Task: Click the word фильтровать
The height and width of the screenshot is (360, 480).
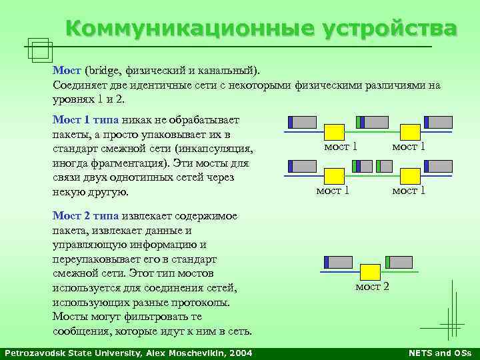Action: click(145, 317)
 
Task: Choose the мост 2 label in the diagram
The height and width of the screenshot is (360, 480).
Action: click(372, 287)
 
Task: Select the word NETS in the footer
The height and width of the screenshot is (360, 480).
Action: click(420, 353)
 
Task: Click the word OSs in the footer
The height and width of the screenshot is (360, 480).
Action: click(462, 353)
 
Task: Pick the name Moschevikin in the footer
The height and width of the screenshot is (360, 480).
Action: click(193, 353)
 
